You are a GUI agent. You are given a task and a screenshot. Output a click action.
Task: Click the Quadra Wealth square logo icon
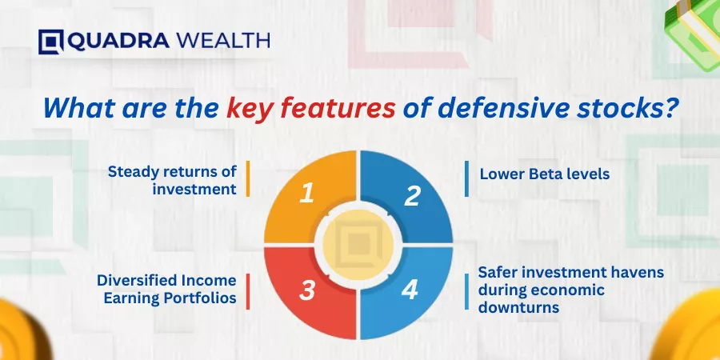50,42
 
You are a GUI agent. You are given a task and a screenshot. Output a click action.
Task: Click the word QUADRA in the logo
118,41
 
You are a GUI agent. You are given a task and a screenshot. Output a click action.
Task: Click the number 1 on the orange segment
306,194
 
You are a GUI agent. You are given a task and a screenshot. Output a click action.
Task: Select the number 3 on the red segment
306,291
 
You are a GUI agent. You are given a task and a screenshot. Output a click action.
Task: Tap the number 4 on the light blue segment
410,290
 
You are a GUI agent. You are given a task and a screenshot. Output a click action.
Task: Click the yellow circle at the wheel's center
358,244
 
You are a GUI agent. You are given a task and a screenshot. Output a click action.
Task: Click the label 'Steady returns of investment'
172,180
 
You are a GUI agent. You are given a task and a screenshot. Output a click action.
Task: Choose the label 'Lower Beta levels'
545,174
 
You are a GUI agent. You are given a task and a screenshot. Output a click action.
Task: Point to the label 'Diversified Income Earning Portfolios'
166,289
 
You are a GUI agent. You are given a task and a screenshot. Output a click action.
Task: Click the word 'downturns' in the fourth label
518,306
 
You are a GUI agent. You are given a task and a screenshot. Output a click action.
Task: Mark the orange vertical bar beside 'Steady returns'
248,178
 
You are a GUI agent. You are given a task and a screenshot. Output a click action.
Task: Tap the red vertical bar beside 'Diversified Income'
248,291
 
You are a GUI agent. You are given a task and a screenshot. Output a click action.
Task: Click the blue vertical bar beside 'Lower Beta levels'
466,178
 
